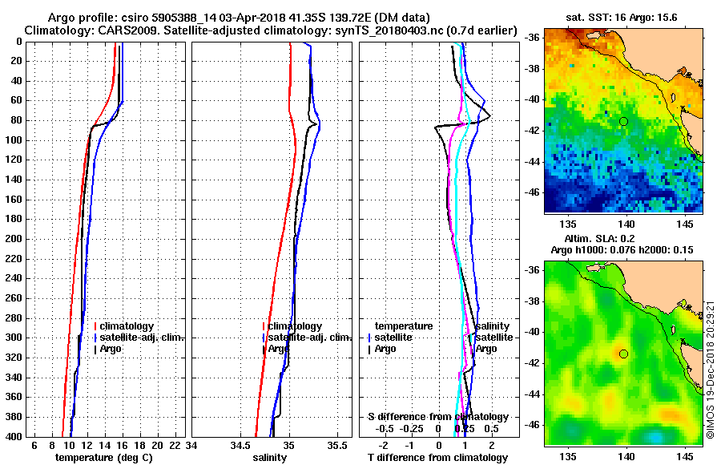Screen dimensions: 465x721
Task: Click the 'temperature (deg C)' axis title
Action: coord(103,458)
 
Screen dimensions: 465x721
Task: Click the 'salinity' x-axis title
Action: coord(269,458)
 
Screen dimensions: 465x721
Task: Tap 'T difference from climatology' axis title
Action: coord(437,458)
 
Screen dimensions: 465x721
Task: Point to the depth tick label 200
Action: coord(14,239)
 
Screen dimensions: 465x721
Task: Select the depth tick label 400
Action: coord(14,437)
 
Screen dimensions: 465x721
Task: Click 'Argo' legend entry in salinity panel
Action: coord(278,349)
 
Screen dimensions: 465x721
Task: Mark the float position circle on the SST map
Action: coord(623,121)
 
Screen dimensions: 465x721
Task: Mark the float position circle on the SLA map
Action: coord(623,354)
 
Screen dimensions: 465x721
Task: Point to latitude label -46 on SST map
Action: coord(531,192)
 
